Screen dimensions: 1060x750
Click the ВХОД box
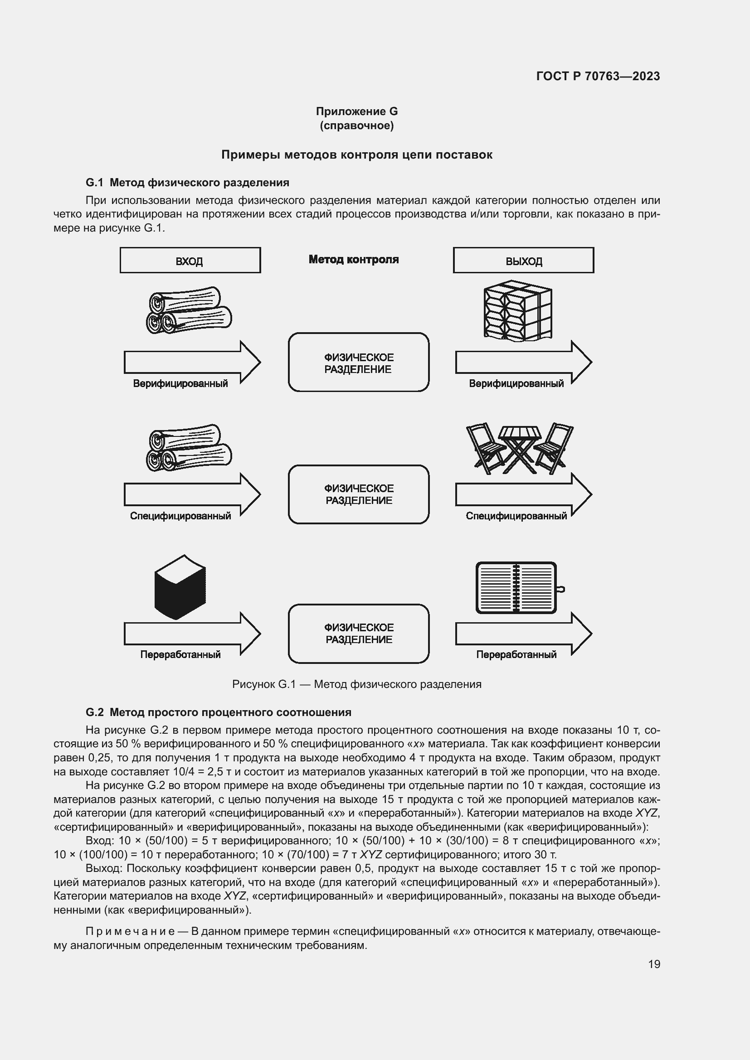(190, 261)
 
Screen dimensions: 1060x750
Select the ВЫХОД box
(523, 261)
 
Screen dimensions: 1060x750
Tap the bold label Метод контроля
(353, 260)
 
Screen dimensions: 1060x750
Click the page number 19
(654, 964)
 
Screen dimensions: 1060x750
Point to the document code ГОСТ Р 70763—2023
(598, 76)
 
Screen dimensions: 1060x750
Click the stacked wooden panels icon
(517, 311)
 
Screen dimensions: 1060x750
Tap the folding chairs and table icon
(520, 448)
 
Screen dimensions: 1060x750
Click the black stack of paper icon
(180, 587)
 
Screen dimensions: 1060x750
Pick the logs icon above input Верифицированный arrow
(189, 310)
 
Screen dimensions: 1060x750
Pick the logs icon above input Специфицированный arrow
(189, 447)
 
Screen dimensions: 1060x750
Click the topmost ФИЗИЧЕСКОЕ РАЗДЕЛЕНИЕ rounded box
(358, 363)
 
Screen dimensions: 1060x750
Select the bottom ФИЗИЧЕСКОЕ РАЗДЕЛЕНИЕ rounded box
(358, 634)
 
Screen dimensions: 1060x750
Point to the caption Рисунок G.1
(356, 684)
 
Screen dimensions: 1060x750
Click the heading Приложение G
(356, 111)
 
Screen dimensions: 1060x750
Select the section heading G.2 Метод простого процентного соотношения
(218, 712)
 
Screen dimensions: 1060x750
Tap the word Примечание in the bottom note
(130, 931)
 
